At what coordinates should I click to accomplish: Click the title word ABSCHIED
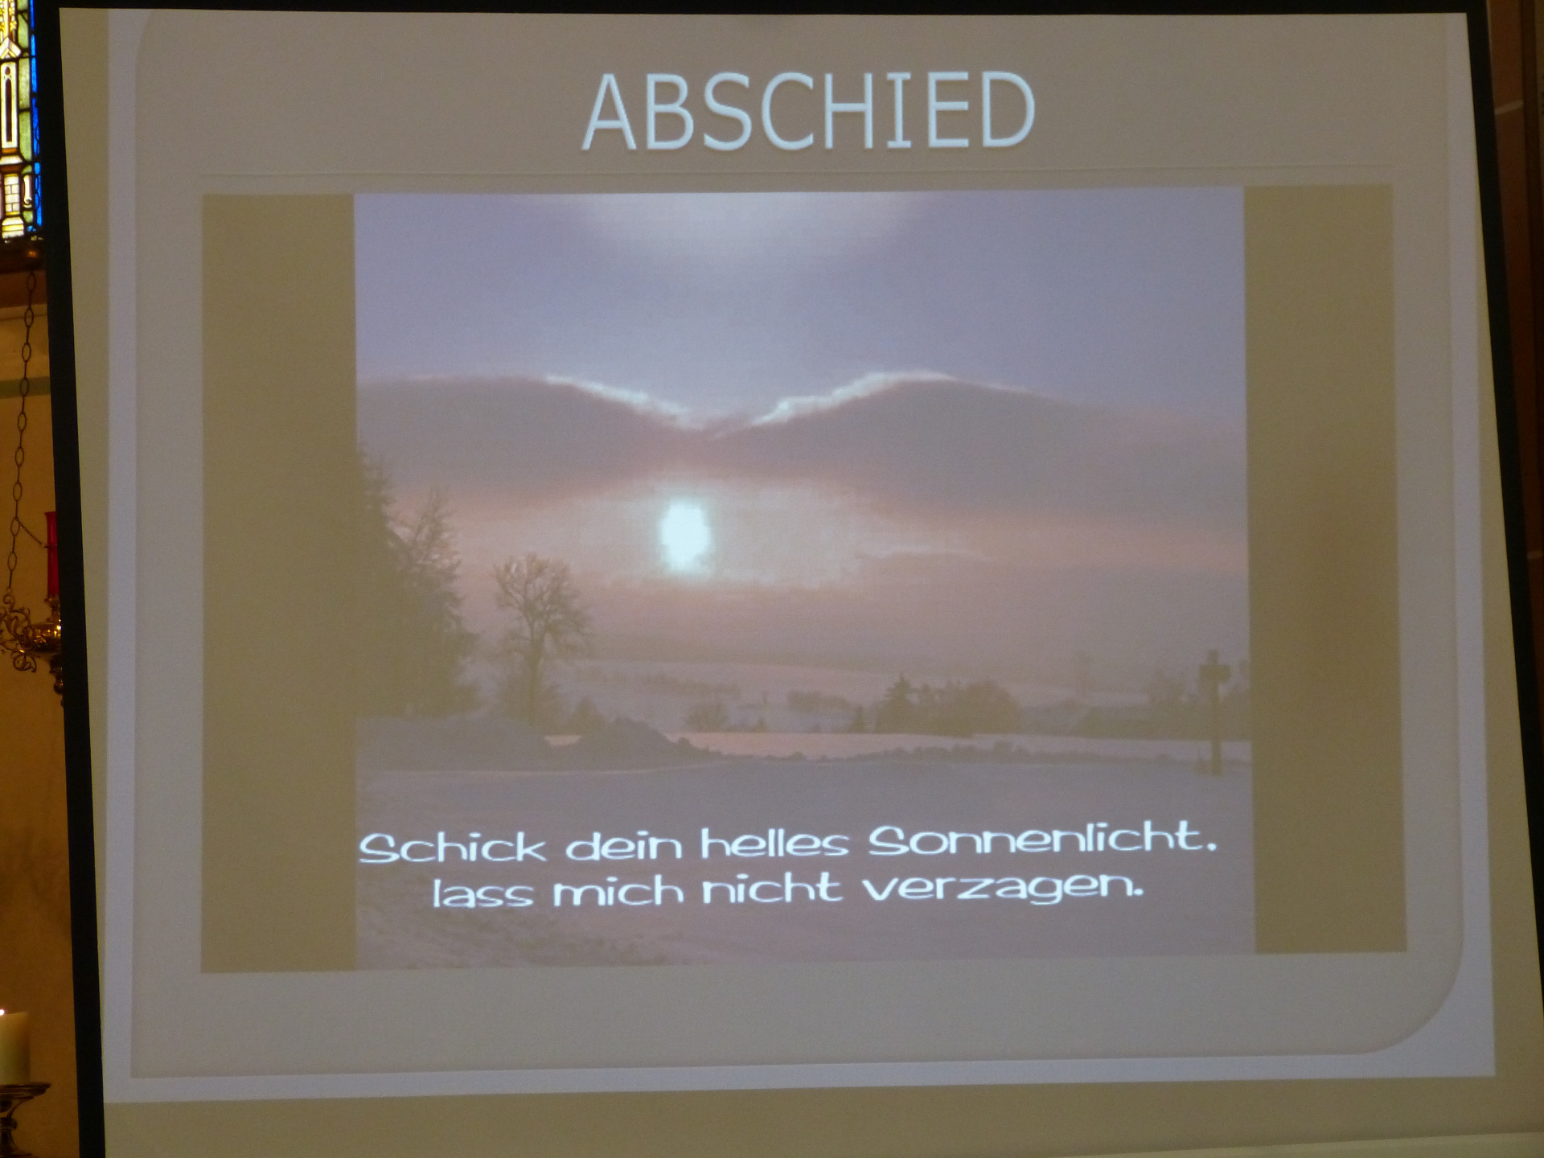(808, 110)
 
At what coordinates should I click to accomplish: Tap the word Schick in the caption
(452, 848)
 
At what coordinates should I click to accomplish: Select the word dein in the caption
(623, 845)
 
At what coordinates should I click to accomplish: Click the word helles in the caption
(774, 844)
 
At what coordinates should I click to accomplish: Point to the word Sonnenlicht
(1042, 840)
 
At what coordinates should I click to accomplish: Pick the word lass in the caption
(482, 893)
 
